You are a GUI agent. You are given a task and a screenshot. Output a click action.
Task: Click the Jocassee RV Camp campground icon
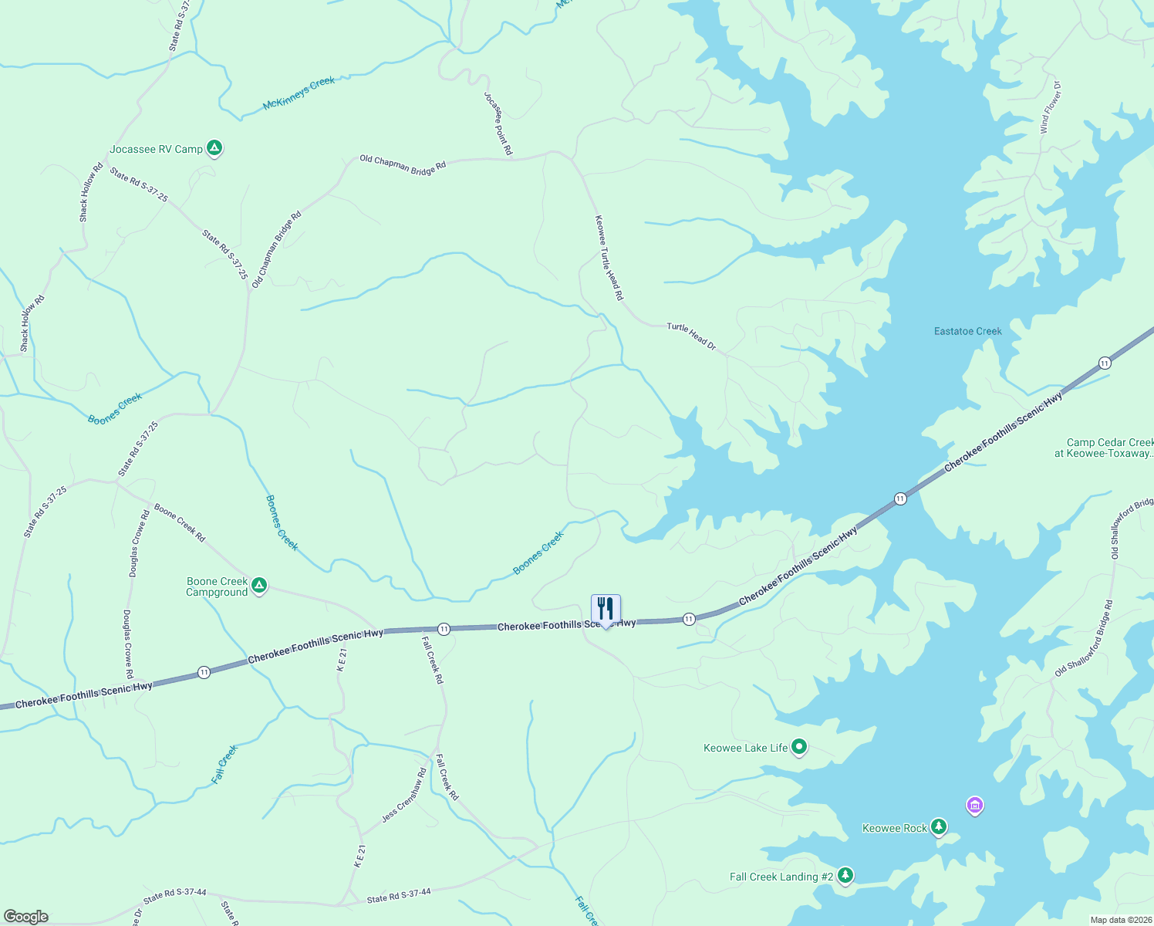coord(214,147)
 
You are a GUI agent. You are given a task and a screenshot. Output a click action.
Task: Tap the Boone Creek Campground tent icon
coord(260,586)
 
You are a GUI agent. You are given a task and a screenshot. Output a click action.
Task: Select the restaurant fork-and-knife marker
coord(606,610)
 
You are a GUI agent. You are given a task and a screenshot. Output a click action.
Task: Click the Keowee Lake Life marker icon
coord(799,746)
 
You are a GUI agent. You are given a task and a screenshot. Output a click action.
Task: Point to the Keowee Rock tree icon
coord(938,826)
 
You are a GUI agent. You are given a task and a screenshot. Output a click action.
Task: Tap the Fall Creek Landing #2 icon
coord(846,875)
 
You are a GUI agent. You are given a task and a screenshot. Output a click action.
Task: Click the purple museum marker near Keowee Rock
coord(975,806)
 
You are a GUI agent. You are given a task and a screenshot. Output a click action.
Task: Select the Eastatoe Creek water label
coord(967,331)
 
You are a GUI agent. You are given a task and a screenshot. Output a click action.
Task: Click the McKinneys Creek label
coord(299,93)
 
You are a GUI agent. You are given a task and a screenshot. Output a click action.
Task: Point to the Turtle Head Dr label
coord(691,336)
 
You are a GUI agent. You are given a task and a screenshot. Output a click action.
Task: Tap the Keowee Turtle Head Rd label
coord(609,257)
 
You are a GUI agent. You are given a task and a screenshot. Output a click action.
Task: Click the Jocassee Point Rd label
coord(498,123)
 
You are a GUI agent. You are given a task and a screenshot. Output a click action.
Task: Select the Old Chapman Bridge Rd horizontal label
coord(403,164)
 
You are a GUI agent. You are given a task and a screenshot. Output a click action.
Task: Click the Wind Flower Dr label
coord(1051,107)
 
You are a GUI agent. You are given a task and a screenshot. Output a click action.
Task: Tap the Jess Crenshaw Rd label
coord(404,796)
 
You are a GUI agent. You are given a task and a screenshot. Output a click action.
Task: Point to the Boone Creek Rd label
coord(180,522)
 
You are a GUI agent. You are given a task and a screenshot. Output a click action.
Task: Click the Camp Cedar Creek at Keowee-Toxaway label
coord(1108,448)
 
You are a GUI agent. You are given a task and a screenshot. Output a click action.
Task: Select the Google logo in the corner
coord(26,917)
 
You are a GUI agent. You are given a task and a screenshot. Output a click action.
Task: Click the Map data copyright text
coord(1119,920)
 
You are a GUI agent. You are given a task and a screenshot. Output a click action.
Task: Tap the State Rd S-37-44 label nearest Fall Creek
coord(399,895)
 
